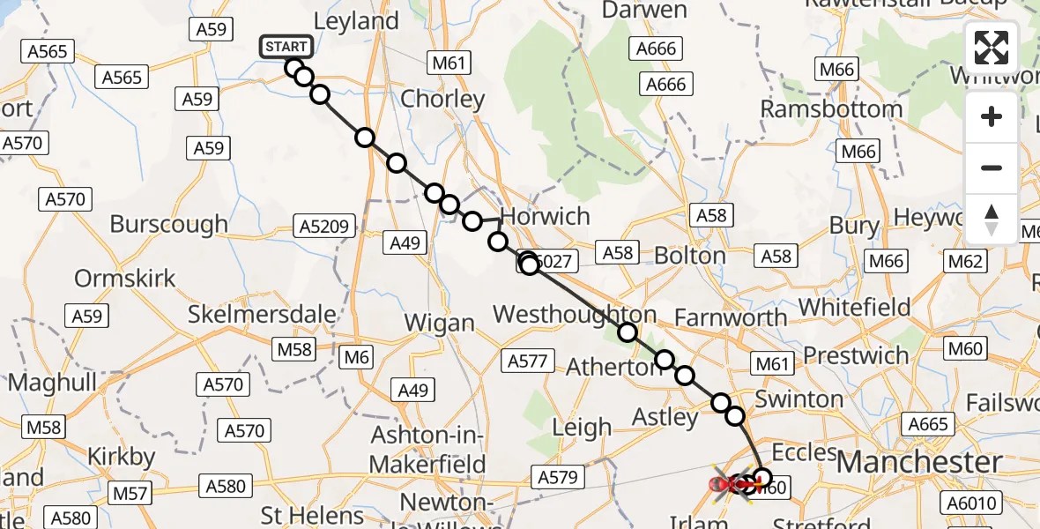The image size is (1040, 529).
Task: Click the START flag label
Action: point(286,47)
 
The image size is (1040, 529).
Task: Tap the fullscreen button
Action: point(992,48)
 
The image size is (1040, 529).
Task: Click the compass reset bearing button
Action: point(992,220)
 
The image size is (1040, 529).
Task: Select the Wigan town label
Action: point(439,323)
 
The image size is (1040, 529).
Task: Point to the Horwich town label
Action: point(545,217)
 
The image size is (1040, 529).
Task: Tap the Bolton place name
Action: point(690,256)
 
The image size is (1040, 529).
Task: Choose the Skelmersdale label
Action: point(263,314)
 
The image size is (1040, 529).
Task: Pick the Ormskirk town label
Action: point(125,279)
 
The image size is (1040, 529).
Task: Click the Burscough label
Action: point(169,224)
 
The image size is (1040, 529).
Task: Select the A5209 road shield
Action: point(328,226)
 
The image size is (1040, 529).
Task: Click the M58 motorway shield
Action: point(295,349)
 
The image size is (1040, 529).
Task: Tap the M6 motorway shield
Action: point(355,357)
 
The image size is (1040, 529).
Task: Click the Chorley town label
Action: point(442,99)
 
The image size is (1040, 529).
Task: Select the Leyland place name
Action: point(356,21)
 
